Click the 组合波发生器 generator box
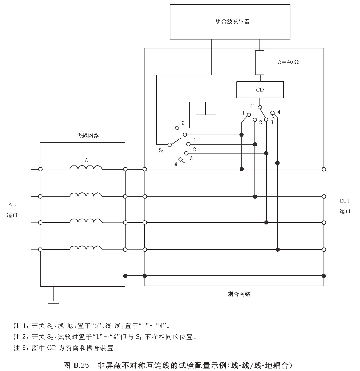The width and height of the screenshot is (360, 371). tap(230, 22)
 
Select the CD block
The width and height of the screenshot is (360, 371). tap(260, 90)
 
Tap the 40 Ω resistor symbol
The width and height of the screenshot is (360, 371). tap(259, 63)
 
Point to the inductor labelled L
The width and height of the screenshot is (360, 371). tap(86, 168)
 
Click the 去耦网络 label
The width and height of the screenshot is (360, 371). tap(88, 136)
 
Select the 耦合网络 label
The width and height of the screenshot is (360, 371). tap(239, 294)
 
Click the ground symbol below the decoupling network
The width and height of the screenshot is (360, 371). tap(53, 303)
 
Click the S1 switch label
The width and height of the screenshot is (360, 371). tap(161, 150)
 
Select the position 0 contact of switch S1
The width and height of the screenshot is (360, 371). tap(177, 128)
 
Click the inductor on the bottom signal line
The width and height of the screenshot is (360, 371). tap(86, 248)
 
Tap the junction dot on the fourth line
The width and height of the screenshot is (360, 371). tap(278, 249)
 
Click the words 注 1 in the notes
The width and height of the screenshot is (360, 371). tap(21, 326)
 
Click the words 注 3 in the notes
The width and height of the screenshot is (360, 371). tap(21, 348)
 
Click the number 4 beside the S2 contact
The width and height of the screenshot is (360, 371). tap(279, 112)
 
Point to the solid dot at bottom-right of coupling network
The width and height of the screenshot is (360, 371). tap(324, 276)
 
